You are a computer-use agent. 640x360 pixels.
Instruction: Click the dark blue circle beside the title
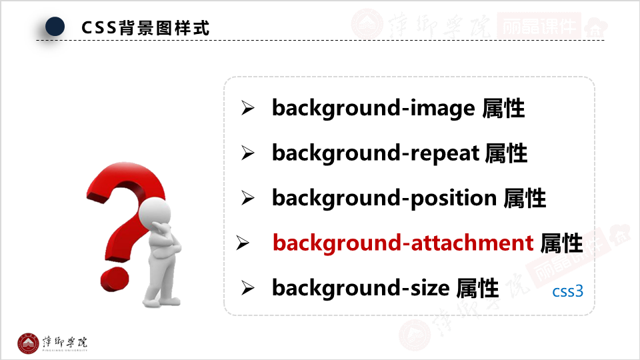55,27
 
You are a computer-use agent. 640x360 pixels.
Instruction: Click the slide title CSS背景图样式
145,28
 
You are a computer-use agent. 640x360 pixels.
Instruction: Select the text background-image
373,108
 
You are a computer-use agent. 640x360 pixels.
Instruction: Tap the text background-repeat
375,153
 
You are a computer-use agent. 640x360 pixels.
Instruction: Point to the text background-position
384,198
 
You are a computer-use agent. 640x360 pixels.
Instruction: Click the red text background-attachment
403,243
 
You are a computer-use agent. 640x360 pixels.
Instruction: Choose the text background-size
361,287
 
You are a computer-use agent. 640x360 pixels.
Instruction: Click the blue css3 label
568,292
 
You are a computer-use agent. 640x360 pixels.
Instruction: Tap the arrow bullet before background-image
248,109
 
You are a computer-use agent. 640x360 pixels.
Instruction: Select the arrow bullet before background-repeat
248,154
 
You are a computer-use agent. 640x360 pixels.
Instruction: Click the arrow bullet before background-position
248,198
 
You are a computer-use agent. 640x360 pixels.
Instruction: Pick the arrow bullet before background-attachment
243,243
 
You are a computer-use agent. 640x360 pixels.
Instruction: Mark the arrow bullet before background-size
248,288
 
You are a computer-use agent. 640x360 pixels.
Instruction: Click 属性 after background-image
503,108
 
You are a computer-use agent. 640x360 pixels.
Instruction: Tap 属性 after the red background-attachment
561,243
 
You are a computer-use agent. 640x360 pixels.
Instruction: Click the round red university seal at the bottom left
28,343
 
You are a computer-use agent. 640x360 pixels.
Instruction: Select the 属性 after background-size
477,287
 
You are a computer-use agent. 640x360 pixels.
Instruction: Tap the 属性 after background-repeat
506,153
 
